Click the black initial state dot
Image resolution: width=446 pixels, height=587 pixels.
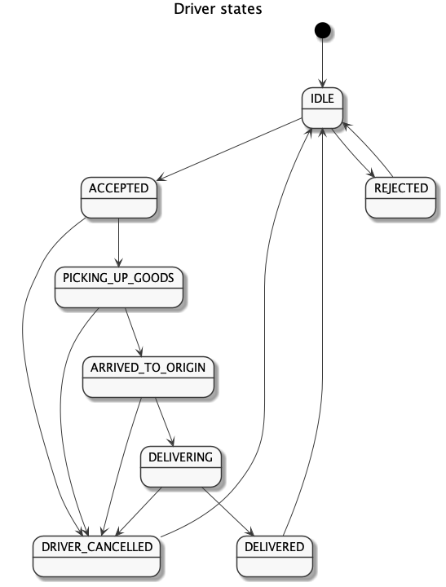click(322, 30)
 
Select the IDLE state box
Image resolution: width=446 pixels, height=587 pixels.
click(322, 108)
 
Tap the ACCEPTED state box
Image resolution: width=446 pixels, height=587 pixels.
click(119, 197)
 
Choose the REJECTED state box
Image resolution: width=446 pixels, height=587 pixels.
click(400, 197)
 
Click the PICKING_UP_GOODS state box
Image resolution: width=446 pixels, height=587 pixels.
click(119, 287)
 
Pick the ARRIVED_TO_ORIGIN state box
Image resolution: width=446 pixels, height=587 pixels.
click(148, 377)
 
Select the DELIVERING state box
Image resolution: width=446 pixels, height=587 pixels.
click(181, 466)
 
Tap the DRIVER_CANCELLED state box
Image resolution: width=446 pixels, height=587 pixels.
click(96, 556)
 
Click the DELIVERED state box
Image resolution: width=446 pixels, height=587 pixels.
click(275, 556)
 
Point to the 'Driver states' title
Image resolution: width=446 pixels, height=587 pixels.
click(218, 9)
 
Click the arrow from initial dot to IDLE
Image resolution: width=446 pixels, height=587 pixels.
click(322, 63)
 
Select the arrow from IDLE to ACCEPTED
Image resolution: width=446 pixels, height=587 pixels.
click(229, 149)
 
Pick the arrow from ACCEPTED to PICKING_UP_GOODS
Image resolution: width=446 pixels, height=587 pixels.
click(119, 243)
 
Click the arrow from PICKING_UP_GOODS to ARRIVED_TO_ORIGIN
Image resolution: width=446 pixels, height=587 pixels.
click(134, 332)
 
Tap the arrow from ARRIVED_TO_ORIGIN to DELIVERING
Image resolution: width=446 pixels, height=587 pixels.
click(165, 422)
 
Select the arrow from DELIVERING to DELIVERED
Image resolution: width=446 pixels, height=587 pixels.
click(227, 511)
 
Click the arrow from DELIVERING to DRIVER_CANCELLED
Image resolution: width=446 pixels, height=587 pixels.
click(139, 511)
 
